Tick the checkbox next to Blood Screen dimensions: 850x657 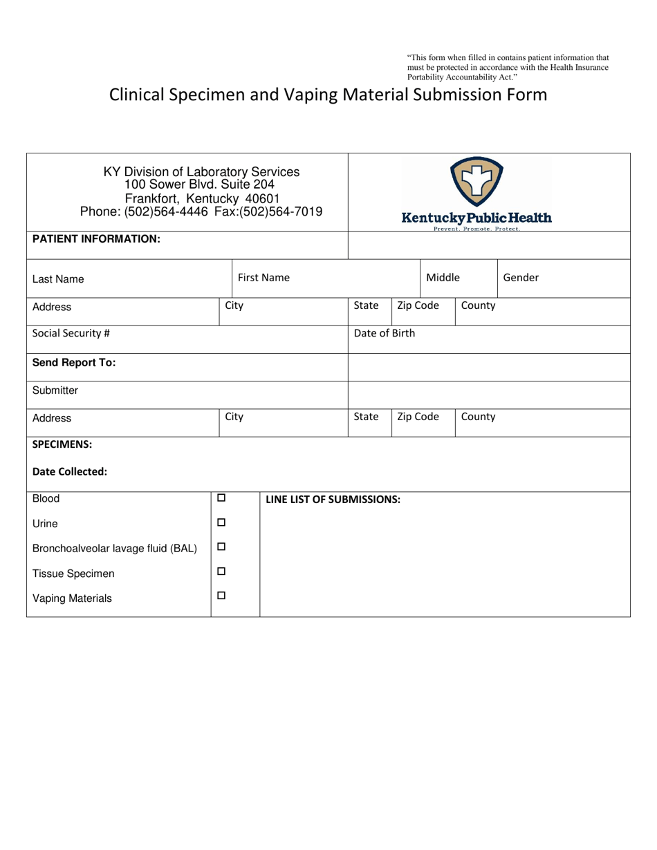coord(221,498)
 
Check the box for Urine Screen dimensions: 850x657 coord(221,522)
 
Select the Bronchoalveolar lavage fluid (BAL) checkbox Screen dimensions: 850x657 coord(221,547)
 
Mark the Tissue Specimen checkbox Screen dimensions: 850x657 coord(221,572)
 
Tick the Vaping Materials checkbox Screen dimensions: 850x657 coord(221,596)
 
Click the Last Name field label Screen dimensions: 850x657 coord(58,279)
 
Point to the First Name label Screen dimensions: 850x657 coord(263,278)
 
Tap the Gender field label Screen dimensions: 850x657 coord(520,278)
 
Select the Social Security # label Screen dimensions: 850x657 coord(71,333)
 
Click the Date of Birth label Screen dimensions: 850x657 coord(385,333)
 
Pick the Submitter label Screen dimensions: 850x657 coord(55,390)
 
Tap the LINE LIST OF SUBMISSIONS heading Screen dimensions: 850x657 coord(333,500)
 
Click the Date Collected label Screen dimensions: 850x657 coord(70,472)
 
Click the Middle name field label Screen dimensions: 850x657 coord(443,278)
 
